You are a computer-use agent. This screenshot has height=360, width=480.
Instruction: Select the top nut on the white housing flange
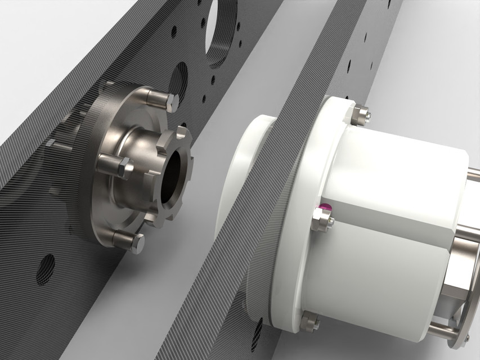pyautogui.click(x=360, y=115)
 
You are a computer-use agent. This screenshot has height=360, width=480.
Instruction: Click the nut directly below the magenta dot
pyautogui.click(x=322, y=222)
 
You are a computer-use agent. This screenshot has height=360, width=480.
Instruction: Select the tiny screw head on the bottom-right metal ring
pyautogui.click(x=466, y=337)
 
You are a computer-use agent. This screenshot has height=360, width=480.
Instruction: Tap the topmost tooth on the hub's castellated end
pyautogui.click(x=182, y=133)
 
